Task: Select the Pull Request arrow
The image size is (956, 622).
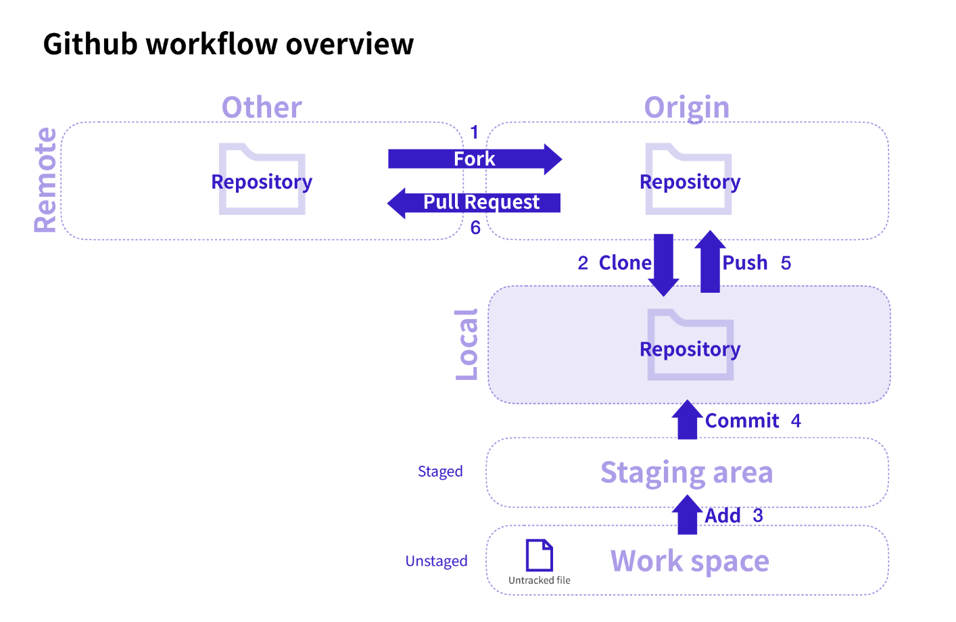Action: tap(474, 202)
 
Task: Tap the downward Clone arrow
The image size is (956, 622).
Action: tap(663, 264)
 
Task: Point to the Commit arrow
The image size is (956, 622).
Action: tap(687, 420)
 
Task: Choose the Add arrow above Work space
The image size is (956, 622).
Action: tap(687, 515)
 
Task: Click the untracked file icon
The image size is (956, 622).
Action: tap(540, 555)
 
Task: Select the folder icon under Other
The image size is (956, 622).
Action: tap(262, 179)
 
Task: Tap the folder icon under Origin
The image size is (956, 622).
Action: tap(688, 179)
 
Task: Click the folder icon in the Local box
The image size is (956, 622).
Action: tap(690, 345)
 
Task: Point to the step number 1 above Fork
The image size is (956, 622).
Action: tap(474, 132)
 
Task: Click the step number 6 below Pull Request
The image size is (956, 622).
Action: tap(475, 228)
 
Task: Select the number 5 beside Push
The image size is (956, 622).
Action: tap(786, 263)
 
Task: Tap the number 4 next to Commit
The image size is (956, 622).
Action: tap(796, 421)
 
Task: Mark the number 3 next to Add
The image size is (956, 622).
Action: tap(758, 515)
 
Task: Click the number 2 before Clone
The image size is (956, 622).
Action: tap(583, 263)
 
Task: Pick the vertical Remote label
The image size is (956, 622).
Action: tap(46, 180)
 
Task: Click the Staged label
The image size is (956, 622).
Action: tap(440, 471)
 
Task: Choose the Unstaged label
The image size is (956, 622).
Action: tap(436, 561)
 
